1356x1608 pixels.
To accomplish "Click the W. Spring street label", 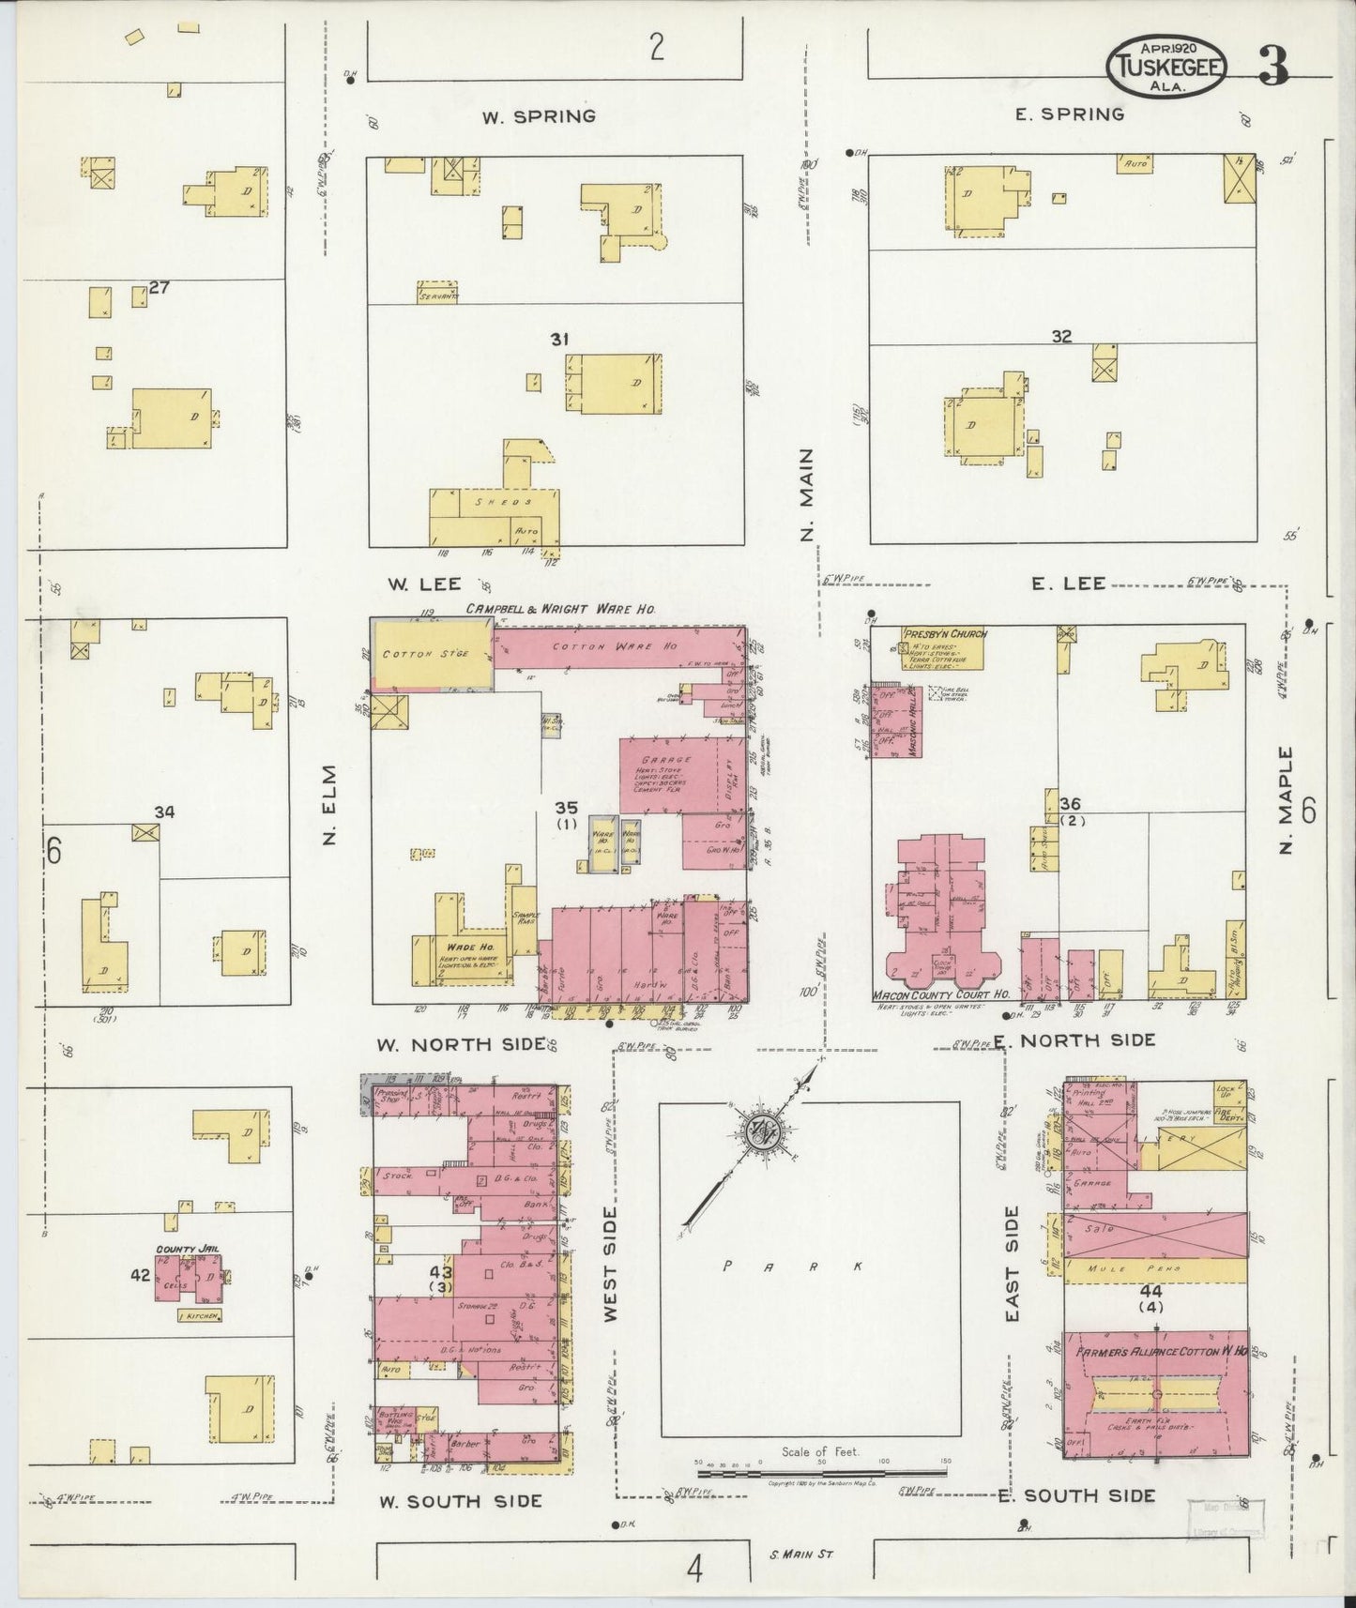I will pyautogui.click(x=539, y=117).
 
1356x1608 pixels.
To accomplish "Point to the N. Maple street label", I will pyautogui.click(x=1286, y=800).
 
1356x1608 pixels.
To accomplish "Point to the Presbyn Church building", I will pyautogui.click(x=943, y=647).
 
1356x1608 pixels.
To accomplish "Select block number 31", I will pyautogui.click(x=559, y=340).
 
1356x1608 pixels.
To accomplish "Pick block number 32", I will pyautogui.click(x=1061, y=337).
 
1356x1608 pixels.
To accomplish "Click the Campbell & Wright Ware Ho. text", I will pyautogui.click(x=559, y=610).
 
